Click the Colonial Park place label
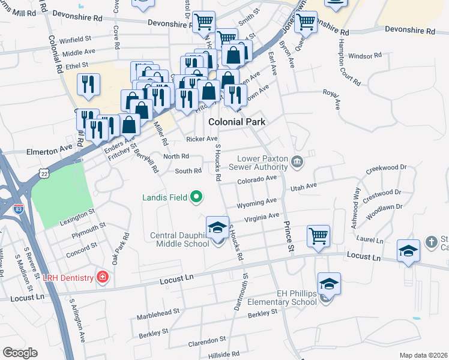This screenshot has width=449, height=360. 237,122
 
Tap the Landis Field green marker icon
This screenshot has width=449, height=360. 196,196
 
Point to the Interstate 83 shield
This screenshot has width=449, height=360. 19,210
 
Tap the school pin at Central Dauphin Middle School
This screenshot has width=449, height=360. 217,228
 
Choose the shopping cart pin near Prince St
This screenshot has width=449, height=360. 318,235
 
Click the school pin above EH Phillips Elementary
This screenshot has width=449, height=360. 329,284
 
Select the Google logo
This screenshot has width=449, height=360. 20,353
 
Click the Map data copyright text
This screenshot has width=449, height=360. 423,355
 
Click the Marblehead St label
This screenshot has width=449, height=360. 158,313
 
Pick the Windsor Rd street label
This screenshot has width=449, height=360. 365,56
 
